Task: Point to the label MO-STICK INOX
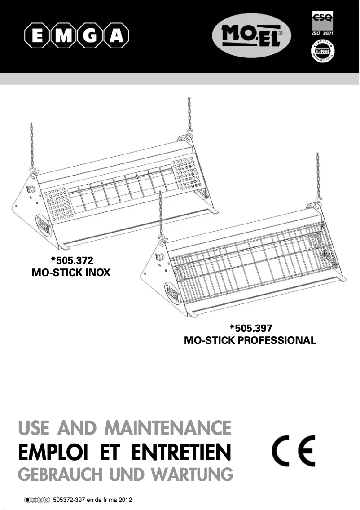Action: (71, 273)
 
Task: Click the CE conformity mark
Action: (294, 451)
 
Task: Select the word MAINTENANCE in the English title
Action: (167, 428)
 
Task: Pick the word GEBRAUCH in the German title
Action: (55, 474)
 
